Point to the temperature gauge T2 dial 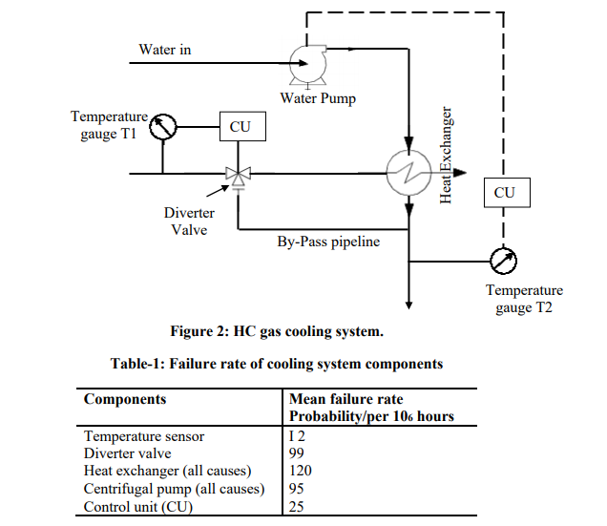coord(503,259)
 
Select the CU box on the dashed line coord(504,192)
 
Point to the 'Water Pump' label coord(318,98)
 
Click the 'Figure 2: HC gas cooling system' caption coord(276,331)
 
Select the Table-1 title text coord(276,364)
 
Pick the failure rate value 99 coord(298,453)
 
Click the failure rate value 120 coord(301,471)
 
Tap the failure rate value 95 coord(298,489)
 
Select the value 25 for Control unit coord(298,507)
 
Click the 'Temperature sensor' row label coord(144,436)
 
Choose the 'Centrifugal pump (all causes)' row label coord(174,489)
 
